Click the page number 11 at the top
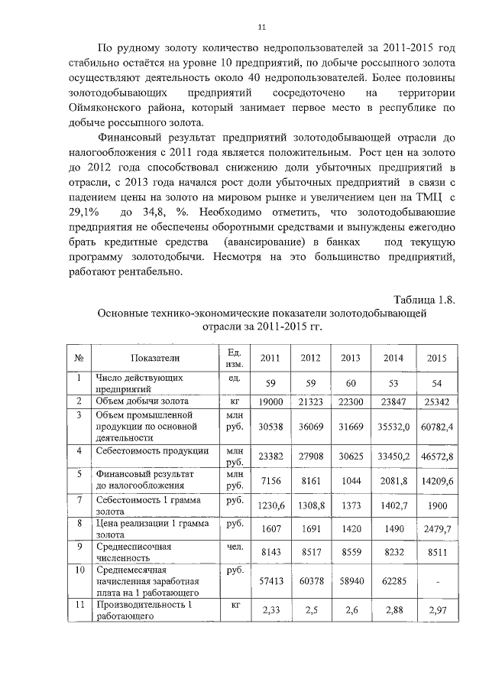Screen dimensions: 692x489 point(261,28)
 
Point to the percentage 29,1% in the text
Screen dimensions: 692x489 point(83,210)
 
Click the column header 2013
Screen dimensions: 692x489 point(351,357)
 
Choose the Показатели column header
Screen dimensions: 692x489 point(154,357)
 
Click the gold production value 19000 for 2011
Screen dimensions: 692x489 point(270,401)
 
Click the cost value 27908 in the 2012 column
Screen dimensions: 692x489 point(310,456)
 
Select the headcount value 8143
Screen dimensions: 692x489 point(270,554)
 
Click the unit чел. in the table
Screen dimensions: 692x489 point(234,547)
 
